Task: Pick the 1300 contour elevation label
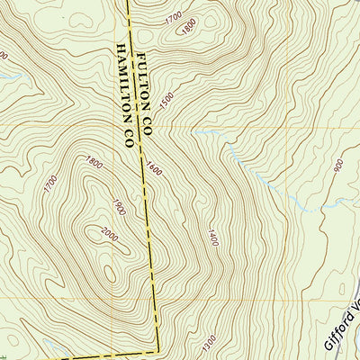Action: click(210, 342)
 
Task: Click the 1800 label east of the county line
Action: click(188, 27)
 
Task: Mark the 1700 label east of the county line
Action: click(174, 17)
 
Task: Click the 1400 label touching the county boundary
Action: click(150, 167)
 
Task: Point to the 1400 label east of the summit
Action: click(213, 238)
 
